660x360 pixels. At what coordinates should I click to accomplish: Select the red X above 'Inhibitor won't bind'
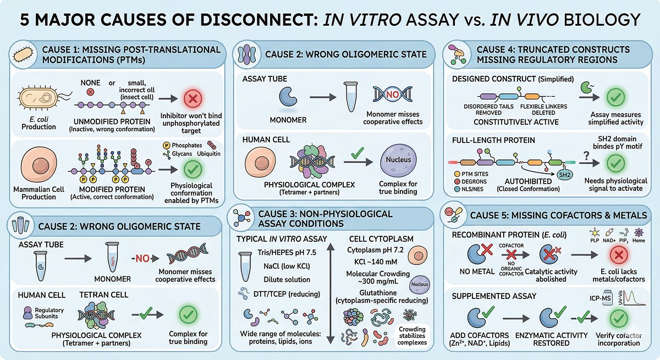[193, 99]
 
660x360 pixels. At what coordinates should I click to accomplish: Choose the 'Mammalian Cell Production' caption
[42, 193]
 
